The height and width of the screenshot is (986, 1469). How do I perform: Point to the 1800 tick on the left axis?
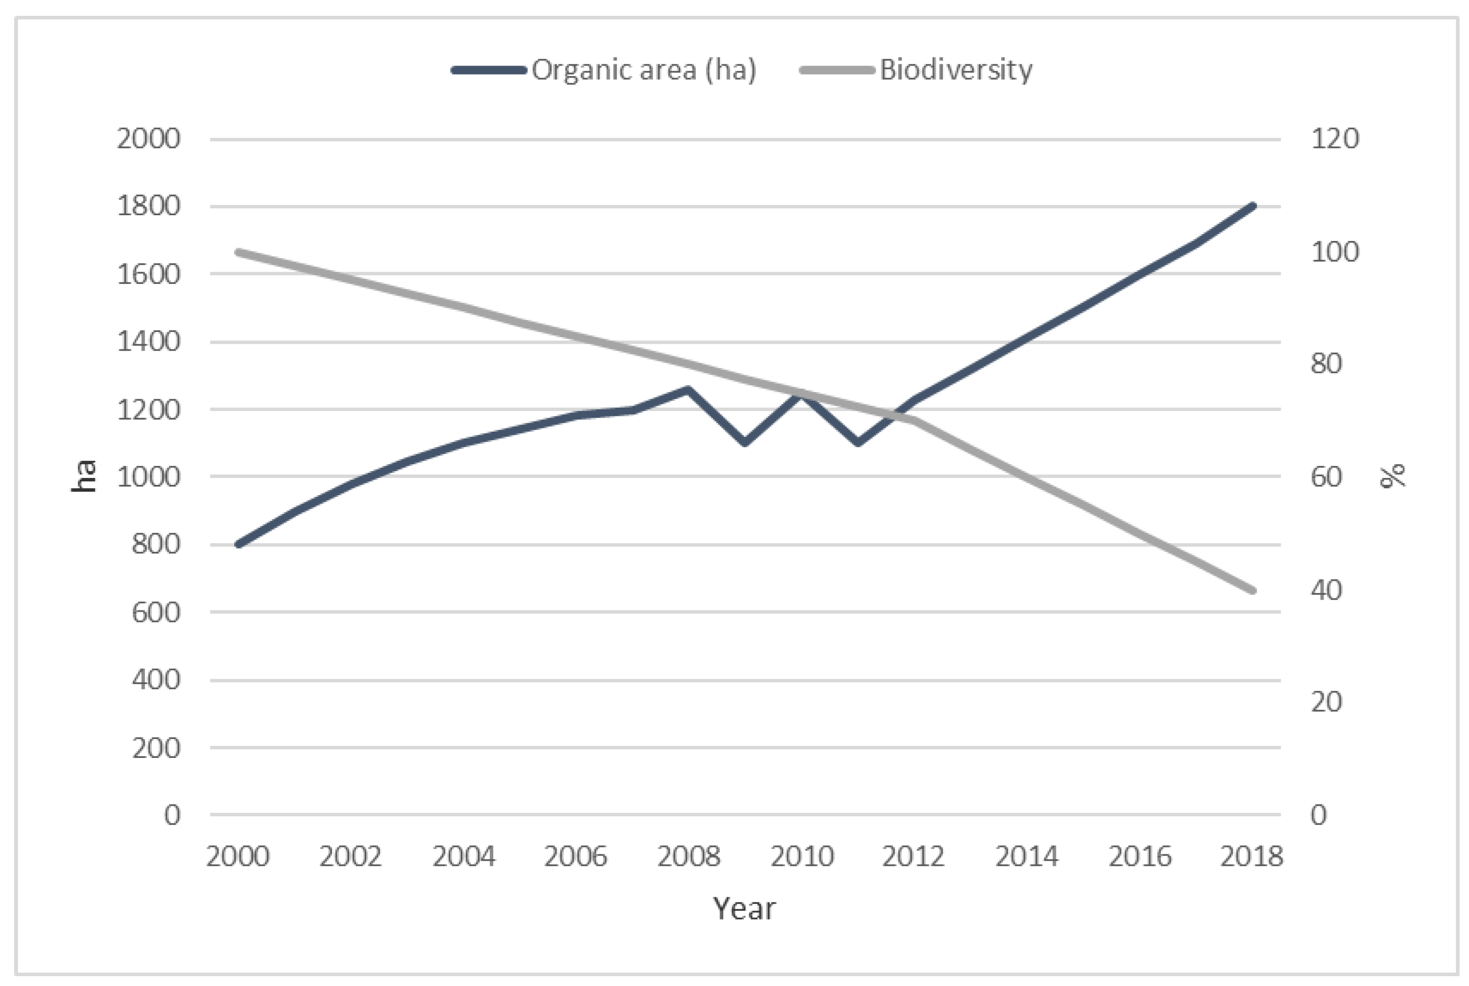(149, 206)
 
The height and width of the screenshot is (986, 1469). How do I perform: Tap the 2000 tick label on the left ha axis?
(149, 138)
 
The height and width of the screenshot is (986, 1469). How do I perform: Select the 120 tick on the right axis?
(1334, 138)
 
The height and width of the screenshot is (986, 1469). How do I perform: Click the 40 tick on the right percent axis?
(1326, 590)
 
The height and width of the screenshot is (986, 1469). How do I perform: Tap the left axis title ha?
(84, 476)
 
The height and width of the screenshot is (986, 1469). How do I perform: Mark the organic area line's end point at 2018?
(1252, 206)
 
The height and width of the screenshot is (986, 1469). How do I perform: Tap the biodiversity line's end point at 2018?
(1252, 590)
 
